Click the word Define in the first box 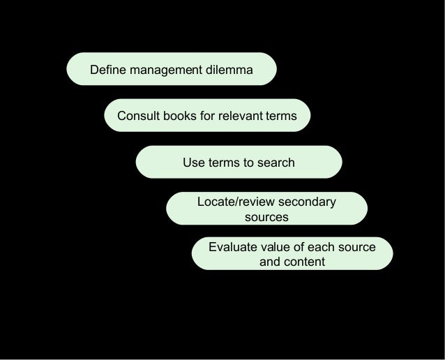point(107,70)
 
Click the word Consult point(138,116)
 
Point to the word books point(180,116)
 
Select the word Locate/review point(233,202)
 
